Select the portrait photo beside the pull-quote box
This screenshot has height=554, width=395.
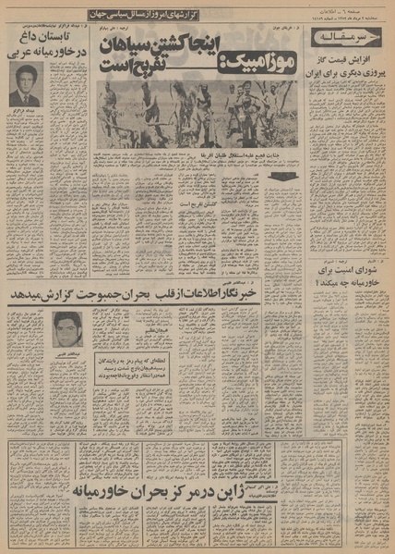coord(64,328)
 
